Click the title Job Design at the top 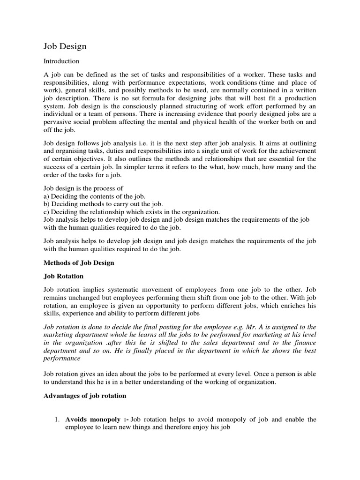65,46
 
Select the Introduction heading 61,61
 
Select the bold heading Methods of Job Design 79,263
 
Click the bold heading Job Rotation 64,276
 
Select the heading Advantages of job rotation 85,396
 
